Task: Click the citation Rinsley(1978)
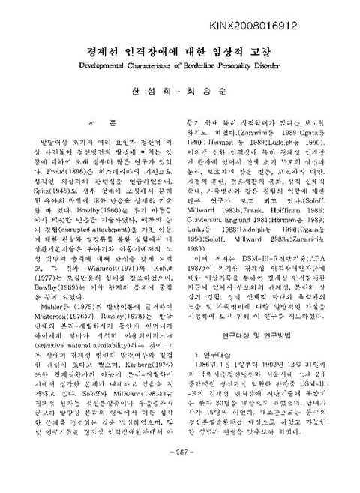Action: pos(110,336)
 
